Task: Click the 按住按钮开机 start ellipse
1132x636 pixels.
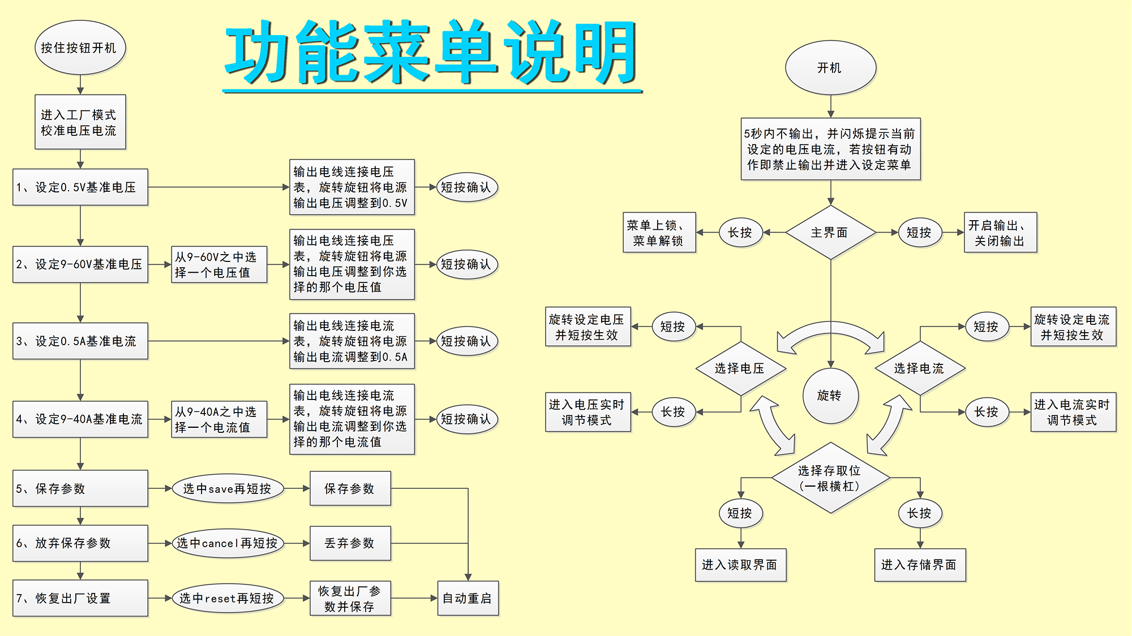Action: pos(80,48)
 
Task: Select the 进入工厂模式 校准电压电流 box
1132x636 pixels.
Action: pos(80,122)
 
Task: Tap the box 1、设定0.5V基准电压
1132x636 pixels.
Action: pos(80,187)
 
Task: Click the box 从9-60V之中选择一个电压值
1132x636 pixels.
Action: pos(219,264)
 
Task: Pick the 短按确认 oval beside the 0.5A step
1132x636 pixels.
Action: pos(466,341)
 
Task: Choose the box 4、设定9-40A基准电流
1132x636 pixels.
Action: pos(80,419)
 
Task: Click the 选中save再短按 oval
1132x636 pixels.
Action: pos(227,488)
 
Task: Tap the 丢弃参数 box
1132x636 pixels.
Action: pos(350,543)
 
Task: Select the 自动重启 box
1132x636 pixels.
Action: pos(468,598)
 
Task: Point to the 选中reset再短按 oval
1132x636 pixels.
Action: pos(227,598)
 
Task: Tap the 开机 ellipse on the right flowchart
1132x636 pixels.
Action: pos(830,68)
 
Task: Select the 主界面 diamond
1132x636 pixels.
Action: pos(830,233)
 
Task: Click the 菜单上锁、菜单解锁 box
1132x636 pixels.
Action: pos(659,233)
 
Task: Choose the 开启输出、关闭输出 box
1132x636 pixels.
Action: pos(1000,233)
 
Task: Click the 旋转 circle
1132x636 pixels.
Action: pos(830,396)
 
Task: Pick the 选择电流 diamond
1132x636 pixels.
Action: pos(920,368)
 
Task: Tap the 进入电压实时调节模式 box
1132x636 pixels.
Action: pos(588,412)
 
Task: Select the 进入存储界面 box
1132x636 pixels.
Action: pos(920,565)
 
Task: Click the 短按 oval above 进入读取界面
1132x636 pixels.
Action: pos(740,513)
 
